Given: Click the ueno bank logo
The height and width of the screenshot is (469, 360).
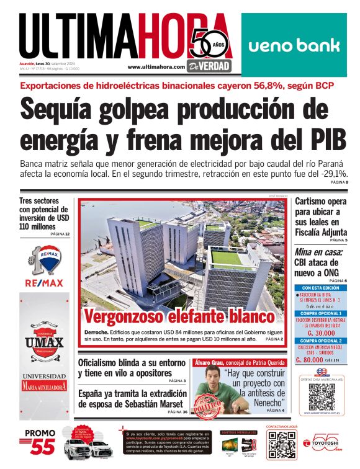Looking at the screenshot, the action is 294,45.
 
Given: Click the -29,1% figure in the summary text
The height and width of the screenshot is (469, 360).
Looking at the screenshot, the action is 332,174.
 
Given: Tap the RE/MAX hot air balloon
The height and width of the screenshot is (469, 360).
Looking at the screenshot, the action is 43,259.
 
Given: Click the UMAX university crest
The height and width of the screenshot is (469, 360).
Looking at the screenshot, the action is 44,342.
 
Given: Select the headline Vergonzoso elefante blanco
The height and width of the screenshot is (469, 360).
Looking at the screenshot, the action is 179,316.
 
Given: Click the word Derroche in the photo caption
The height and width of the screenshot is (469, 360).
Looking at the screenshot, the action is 96,332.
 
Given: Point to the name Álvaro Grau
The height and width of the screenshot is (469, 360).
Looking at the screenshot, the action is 214,361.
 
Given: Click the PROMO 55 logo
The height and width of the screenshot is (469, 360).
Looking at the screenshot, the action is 40,441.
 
